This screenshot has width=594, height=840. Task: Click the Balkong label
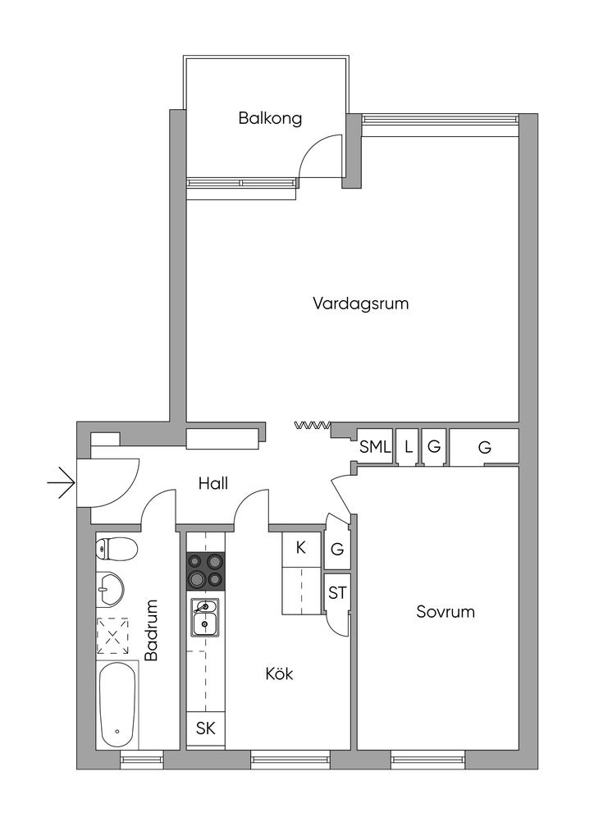(x=270, y=118)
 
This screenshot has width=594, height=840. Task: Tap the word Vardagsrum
(x=360, y=304)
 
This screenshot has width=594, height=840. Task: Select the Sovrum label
(x=445, y=612)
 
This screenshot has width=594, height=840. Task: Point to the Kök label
(x=279, y=673)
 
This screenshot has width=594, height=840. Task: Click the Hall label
(x=212, y=483)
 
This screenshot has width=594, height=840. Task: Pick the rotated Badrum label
(x=152, y=629)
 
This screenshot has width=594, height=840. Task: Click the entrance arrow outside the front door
(x=61, y=483)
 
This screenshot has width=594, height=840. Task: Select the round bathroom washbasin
(x=110, y=589)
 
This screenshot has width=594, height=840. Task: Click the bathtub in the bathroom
(x=117, y=705)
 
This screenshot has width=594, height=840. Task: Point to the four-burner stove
(x=205, y=570)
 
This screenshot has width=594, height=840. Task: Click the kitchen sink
(x=205, y=617)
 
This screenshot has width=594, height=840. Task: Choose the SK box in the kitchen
(x=206, y=728)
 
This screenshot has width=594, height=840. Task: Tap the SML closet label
(x=376, y=447)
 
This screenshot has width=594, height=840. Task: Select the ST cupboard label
(x=337, y=593)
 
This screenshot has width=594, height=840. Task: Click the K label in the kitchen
(x=300, y=547)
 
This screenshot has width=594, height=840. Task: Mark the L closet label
(x=408, y=447)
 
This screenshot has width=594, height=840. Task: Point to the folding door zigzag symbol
(x=313, y=426)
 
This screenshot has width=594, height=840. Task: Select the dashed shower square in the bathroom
(x=112, y=637)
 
